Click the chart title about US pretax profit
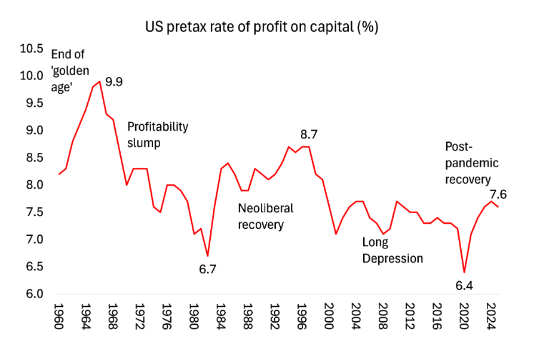coord(263,27)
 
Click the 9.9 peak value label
coord(115,81)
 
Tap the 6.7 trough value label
coord(207,269)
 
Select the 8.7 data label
coord(308,135)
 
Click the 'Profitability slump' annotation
coord(158,135)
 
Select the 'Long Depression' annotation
coord(392,250)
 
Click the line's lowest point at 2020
coord(464,272)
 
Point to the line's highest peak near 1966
coord(100,82)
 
